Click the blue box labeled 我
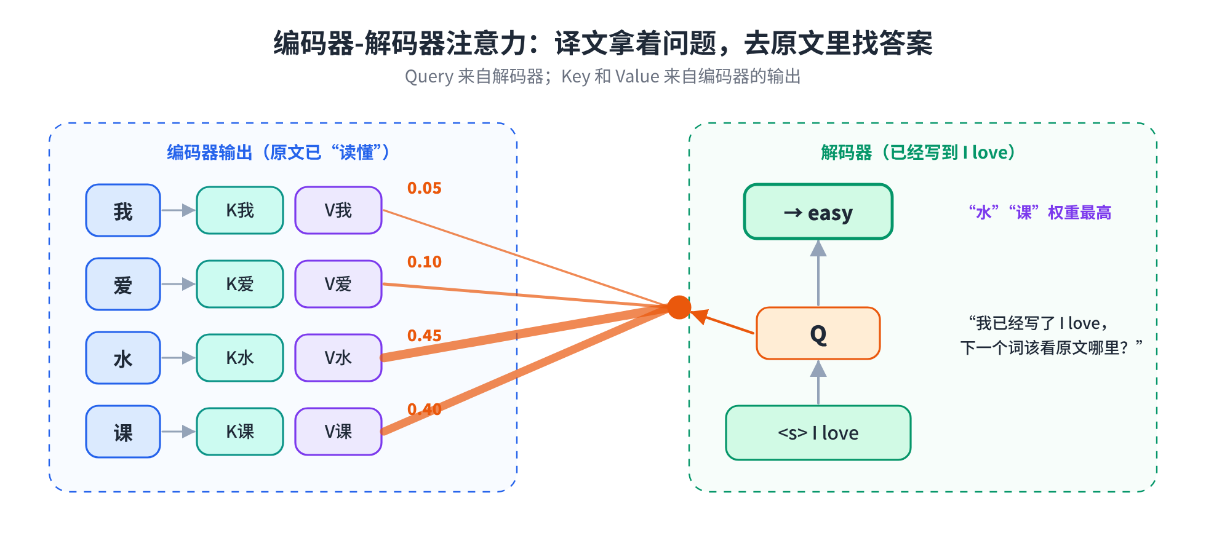tap(123, 210)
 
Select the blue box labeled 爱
tap(123, 284)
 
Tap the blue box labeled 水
tap(123, 358)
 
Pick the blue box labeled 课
tap(123, 432)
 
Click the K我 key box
tap(240, 210)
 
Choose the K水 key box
tap(240, 358)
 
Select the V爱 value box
tap(338, 284)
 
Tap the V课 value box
tap(338, 432)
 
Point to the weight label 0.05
tap(425, 188)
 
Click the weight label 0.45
tap(425, 336)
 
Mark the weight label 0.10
tap(425, 262)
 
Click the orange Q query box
tap(818, 333)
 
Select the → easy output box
tap(818, 211)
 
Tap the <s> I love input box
tap(818, 433)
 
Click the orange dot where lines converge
tap(679, 307)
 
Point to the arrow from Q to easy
tap(818, 273)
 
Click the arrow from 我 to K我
tap(178, 210)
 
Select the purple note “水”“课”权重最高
tap(1040, 213)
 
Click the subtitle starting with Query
tap(603, 77)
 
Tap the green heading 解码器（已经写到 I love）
tap(918, 152)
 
